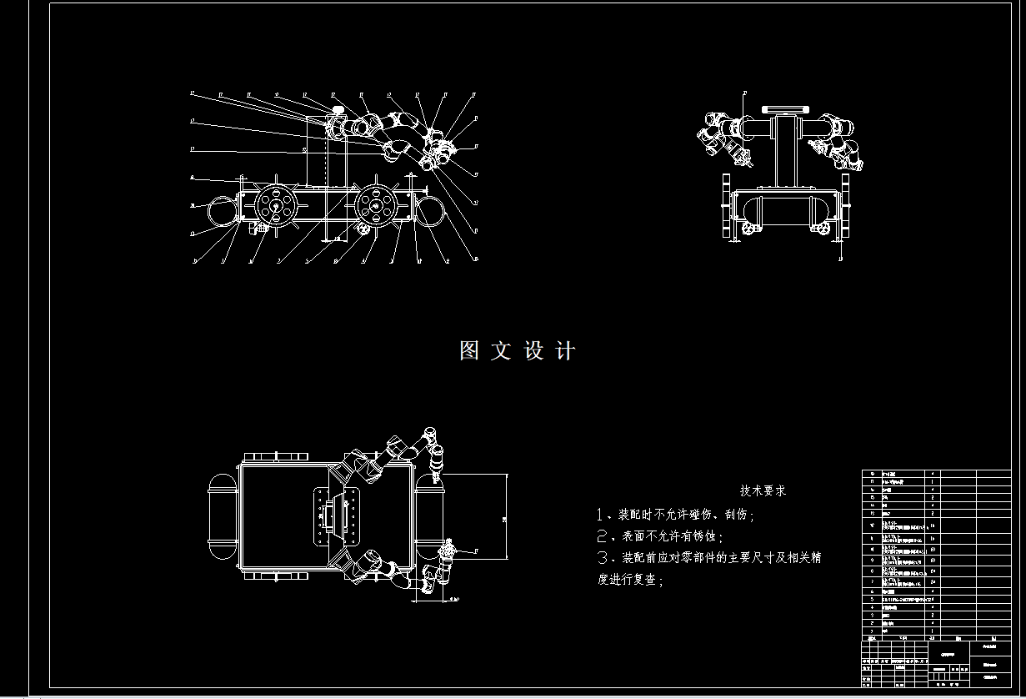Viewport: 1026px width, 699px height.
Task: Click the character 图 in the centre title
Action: pos(469,351)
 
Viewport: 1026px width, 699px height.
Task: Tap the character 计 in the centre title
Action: pos(565,351)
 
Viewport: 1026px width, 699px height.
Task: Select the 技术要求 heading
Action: pos(763,491)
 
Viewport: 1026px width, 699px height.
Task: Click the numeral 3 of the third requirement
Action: pos(603,557)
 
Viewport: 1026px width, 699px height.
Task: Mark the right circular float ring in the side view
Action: pos(432,209)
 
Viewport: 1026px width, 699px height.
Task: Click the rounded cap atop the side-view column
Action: pos(338,110)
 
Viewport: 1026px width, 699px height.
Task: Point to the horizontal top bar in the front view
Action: pos(786,108)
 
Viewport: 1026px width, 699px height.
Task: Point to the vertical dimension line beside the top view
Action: pos(505,517)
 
